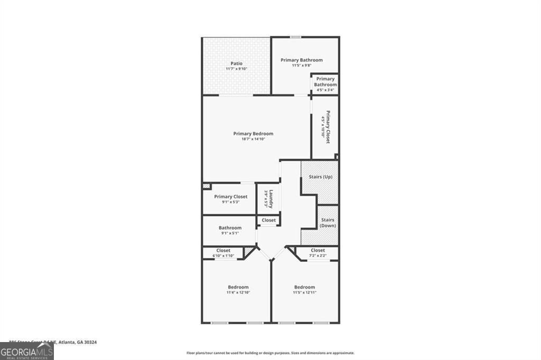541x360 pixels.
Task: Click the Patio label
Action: click(236, 63)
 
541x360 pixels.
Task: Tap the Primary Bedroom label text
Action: click(253, 134)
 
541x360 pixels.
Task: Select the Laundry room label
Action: click(271, 197)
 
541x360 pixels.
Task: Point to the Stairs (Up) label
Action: click(320, 177)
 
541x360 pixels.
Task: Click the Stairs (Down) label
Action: click(328, 223)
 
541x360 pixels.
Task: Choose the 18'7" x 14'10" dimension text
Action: click(253, 139)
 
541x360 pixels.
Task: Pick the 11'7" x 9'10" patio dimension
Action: click(236, 69)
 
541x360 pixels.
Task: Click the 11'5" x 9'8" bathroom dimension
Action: click(301, 65)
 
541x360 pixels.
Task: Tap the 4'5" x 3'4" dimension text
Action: click(325, 90)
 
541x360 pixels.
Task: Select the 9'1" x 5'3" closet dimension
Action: click(230, 202)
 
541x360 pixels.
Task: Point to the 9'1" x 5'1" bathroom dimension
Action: click(230, 233)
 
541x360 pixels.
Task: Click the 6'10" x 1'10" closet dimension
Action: click(223, 255)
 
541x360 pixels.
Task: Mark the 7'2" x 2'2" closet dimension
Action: click(318, 255)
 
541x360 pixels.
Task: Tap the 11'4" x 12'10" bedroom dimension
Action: click(238, 292)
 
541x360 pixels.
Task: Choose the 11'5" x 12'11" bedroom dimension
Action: click(304, 292)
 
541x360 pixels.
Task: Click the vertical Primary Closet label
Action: click(328, 127)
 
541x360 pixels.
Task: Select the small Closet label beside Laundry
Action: click(268, 220)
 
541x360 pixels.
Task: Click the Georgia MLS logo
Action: click(26, 351)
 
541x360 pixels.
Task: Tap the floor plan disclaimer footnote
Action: click(270, 353)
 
